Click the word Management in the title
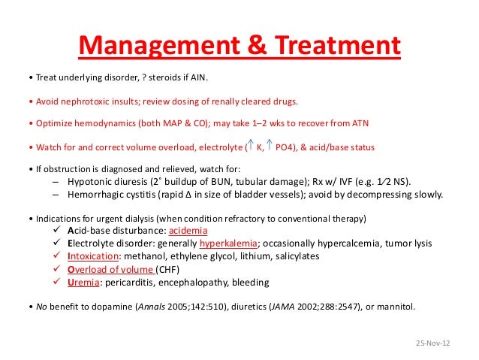point(151,49)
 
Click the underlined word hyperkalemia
point(228,244)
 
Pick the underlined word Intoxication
point(95,256)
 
